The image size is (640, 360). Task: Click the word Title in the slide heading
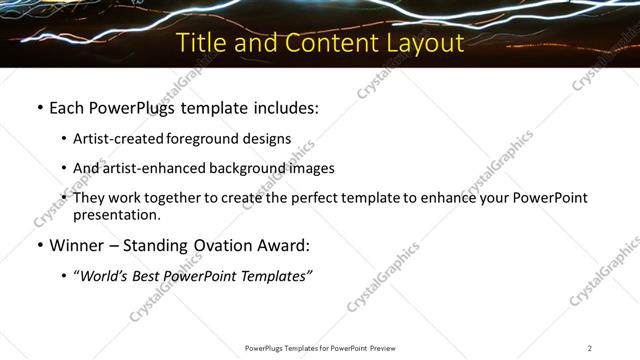coord(199,44)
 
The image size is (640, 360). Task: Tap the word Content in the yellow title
coord(325,44)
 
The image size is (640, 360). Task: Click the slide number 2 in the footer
coord(589,348)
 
